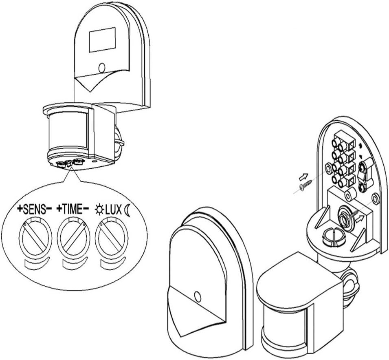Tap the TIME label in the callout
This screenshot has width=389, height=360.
tap(73, 210)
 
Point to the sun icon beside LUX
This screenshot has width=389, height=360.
tap(98, 210)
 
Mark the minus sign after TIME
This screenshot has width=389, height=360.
tap(86, 210)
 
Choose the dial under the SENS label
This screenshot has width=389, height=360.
tap(35, 238)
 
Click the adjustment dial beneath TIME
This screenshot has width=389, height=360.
tap(73, 238)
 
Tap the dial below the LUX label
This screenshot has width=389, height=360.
tap(111, 238)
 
